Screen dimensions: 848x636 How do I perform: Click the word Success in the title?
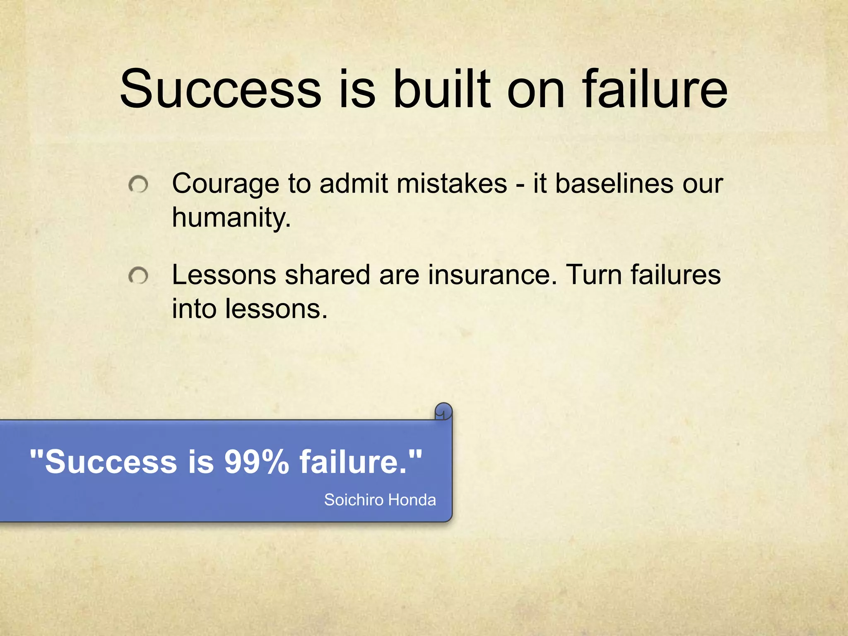[220, 89]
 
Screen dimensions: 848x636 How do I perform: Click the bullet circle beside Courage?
[138, 185]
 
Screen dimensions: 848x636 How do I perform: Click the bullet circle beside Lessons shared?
[138, 276]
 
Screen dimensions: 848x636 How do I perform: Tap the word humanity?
[231, 218]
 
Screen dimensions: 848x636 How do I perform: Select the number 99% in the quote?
[257, 462]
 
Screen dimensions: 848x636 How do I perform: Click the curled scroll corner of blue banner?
[443, 412]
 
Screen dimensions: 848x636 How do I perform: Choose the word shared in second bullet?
[327, 275]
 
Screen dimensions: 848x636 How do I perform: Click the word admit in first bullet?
[354, 183]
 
